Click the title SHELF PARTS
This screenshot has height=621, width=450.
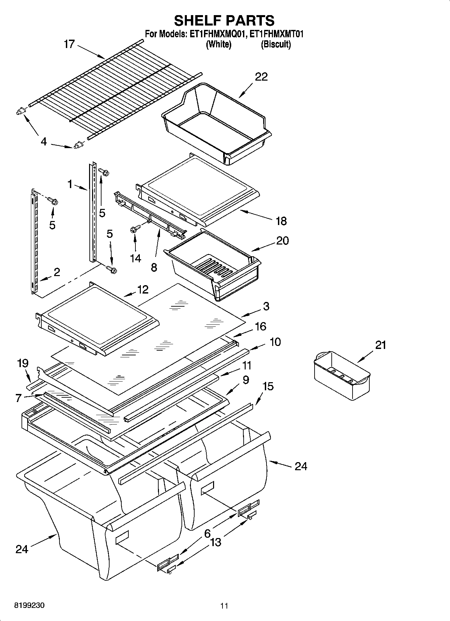click(x=224, y=20)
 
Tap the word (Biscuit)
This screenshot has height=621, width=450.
click(x=276, y=44)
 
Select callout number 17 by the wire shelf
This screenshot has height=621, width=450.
click(x=69, y=44)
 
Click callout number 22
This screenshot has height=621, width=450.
click(x=261, y=77)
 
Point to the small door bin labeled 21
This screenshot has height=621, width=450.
click(x=342, y=375)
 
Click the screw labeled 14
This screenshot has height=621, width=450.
click(x=133, y=230)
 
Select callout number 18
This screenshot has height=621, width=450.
click(x=281, y=221)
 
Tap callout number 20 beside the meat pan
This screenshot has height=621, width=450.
click(x=282, y=240)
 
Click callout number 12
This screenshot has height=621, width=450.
click(x=143, y=289)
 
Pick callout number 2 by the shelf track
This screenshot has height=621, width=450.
click(x=57, y=272)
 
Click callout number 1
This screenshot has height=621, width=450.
click(x=70, y=184)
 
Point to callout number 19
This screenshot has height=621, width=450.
click(x=23, y=363)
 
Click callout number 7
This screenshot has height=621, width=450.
click(x=18, y=398)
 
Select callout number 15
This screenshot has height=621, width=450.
click(x=268, y=386)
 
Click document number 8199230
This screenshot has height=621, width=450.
click(x=29, y=606)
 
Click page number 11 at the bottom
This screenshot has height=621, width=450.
click(x=224, y=606)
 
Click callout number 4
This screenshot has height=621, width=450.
click(x=43, y=142)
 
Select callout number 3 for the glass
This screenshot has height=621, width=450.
click(x=266, y=306)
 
